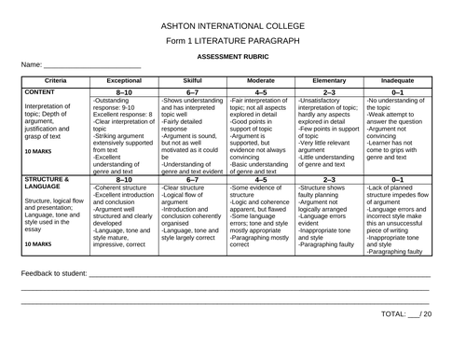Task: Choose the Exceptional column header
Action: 124,81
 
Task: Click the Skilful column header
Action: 193,81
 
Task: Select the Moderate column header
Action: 261,81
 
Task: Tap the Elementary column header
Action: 330,81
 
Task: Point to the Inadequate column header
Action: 398,81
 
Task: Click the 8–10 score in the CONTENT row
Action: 124,92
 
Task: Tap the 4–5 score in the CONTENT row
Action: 261,92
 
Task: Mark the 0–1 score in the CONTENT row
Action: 398,92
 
